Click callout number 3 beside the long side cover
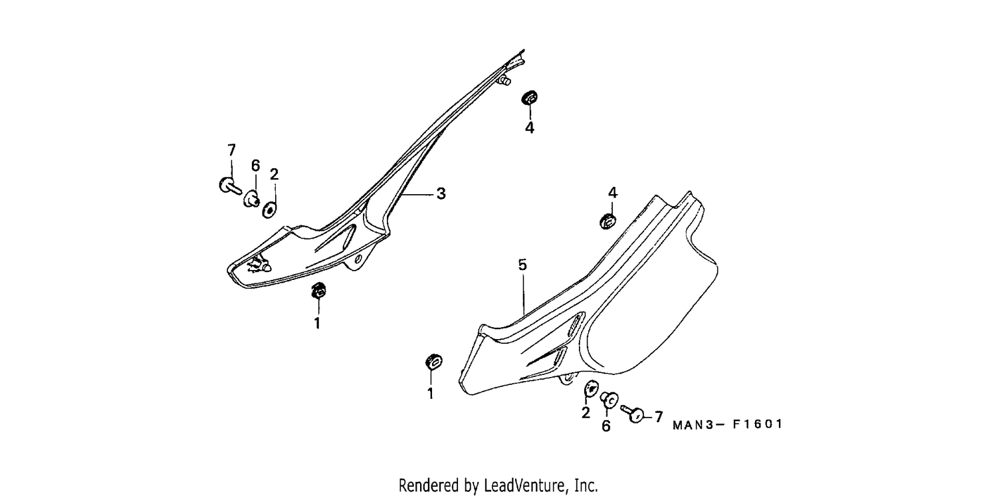click(441, 193)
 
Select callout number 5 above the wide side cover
click(522, 265)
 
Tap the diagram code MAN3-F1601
click(727, 424)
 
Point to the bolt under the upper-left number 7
click(230, 186)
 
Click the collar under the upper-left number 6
click(252, 199)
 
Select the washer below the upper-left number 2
click(269, 209)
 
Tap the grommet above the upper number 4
click(529, 98)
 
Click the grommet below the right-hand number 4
click(608, 221)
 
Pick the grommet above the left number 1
click(318, 291)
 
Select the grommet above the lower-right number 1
click(433, 362)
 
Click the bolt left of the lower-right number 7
click(633, 414)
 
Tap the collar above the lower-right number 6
click(609, 400)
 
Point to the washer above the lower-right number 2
click(591, 388)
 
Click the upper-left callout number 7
click(231, 150)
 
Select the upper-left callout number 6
click(255, 166)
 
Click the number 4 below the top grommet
click(529, 128)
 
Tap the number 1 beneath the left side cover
click(317, 324)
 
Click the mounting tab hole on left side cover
click(358, 259)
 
